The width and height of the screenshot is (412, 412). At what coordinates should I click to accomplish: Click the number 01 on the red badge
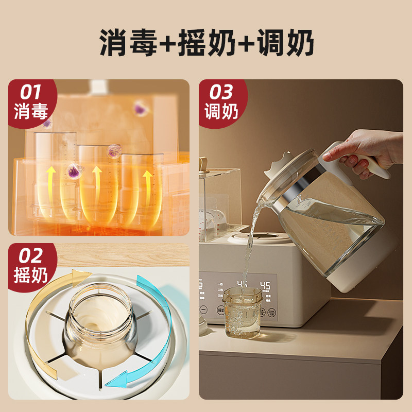tap(31, 92)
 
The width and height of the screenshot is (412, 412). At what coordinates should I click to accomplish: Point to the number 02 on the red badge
tap(31, 256)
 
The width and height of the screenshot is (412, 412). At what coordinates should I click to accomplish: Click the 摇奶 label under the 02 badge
tap(31, 276)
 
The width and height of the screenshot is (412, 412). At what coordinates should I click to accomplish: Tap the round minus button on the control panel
tap(204, 310)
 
